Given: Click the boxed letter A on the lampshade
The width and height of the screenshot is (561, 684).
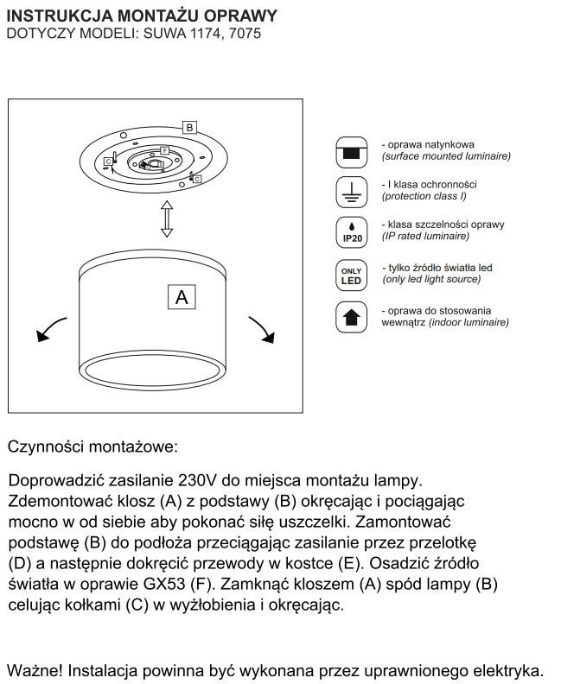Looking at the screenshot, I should point(182,297).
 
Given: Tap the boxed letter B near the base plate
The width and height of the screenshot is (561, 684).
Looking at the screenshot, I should point(190,127).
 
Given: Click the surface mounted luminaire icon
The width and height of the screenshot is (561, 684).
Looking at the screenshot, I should point(352,151).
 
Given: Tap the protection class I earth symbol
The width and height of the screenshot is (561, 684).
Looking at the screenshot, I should point(352,192).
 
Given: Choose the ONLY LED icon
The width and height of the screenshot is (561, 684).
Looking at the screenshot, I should point(352,275).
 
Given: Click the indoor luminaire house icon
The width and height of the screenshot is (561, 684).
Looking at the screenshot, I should point(352,317).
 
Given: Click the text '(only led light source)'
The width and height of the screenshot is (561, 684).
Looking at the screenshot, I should point(431,280).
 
